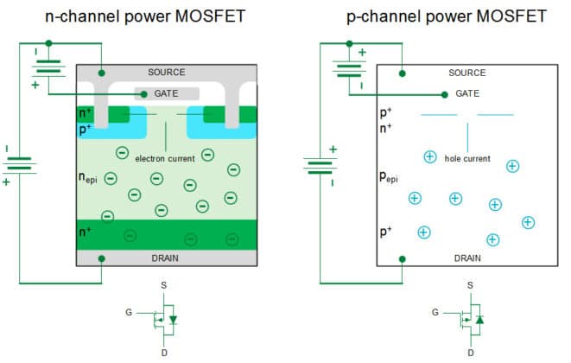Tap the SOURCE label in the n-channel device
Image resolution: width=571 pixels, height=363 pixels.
(167, 73)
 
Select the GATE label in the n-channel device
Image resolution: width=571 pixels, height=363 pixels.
(167, 93)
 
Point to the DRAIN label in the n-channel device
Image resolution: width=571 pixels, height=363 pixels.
(167, 258)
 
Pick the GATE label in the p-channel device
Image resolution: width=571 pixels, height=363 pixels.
(469, 92)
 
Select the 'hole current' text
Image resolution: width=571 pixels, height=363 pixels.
(467, 159)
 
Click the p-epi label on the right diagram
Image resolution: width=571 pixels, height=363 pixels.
(390, 177)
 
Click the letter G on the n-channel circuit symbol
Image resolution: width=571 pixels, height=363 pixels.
(129, 312)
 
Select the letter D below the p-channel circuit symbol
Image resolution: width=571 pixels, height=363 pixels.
(470, 353)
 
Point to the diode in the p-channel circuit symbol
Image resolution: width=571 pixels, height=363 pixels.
(479, 319)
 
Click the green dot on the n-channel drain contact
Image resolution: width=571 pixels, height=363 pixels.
(102, 258)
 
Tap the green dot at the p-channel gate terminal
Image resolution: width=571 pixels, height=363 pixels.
(445, 94)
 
